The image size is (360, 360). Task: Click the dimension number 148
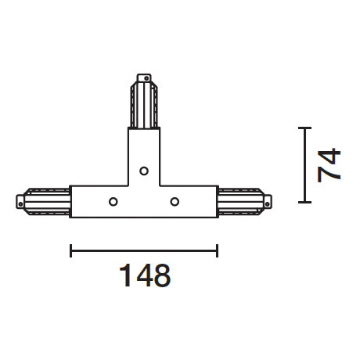[145, 275]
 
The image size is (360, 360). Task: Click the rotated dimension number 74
[329, 164]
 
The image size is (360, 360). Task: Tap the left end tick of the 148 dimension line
[71, 250]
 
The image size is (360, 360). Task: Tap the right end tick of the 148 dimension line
[217, 250]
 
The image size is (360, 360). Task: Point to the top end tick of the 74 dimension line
[304, 127]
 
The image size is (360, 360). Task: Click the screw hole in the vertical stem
[143, 170]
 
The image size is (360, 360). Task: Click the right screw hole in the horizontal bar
[174, 202]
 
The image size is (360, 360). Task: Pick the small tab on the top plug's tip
[143, 77]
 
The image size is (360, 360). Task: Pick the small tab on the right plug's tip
[269, 201]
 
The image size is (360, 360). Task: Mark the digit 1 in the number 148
[123, 275]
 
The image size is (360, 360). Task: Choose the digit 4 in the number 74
[329, 154]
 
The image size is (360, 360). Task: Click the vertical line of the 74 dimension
[304, 164]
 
